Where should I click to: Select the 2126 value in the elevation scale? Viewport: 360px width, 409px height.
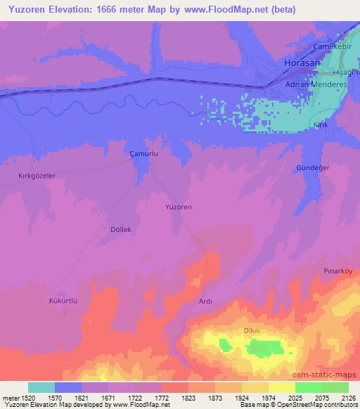(x=347, y=398)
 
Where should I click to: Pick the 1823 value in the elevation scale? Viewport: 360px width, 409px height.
(x=187, y=398)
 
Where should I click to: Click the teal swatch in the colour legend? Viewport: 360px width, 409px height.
(x=41, y=387)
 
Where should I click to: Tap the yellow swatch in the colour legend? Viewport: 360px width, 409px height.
(x=281, y=387)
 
